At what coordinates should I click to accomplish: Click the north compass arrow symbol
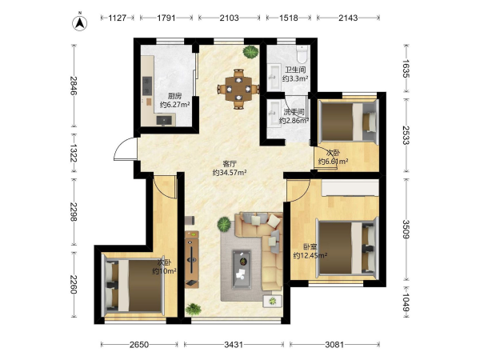pos(79,23)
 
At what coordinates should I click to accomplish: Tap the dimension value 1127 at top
pos(118,18)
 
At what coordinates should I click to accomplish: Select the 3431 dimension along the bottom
pos(234,345)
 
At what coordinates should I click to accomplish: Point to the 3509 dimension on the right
pos(406,229)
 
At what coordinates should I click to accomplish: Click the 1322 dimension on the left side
pos(74,153)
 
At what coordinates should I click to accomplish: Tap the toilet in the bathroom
pos(302,54)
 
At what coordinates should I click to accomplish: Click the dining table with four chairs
pos(238,89)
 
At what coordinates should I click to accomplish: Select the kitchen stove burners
pos(147,86)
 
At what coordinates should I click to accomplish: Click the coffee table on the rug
pos(242,270)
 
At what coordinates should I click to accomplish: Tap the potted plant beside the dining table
pos(250,52)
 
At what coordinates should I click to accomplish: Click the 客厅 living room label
pos(230,164)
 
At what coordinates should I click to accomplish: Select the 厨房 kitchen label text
pos(174,97)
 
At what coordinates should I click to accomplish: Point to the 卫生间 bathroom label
pos(295,70)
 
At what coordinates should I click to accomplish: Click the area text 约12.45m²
pos(310,255)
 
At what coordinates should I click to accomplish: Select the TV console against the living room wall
pos(192,259)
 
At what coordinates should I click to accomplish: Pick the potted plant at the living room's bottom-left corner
pos(194,309)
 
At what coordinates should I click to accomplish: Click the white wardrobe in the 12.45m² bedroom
pos(350,188)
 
